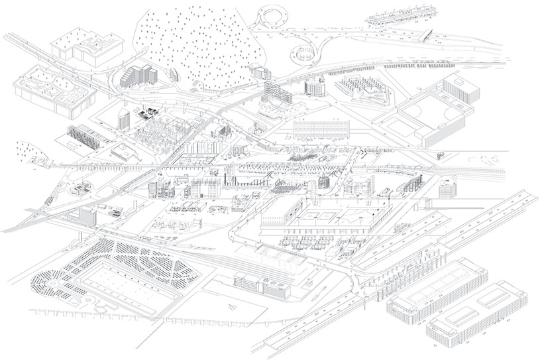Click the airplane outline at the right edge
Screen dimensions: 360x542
pyautogui.click(x=494, y=158)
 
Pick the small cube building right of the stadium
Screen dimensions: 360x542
pyautogui.click(x=441, y=155)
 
